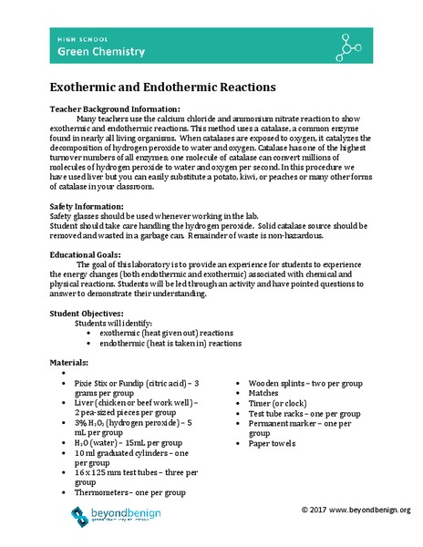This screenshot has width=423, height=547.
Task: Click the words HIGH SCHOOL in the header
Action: pyautogui.click(x=64, y=39)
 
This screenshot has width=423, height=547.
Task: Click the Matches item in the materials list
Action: pyautogui.click(x=264, y=397)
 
